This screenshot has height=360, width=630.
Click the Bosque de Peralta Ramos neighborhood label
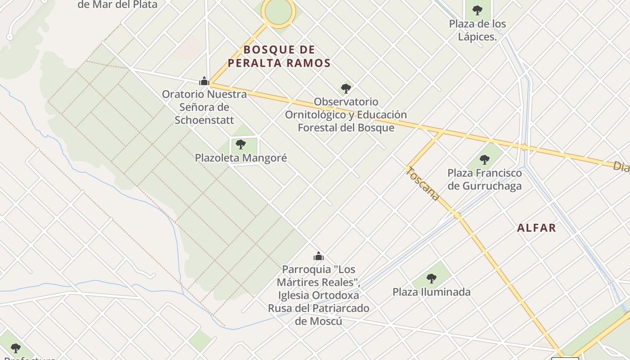(279, 56)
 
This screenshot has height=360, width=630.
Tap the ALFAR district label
(536, 228)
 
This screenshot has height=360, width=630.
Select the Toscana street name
(423, 184)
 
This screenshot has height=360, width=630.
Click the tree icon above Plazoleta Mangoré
(241, 144)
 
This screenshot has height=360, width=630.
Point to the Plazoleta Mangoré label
(241, 158)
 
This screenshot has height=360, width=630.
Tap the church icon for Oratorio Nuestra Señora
(204, 81)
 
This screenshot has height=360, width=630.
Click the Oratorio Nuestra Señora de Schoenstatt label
(204, 107)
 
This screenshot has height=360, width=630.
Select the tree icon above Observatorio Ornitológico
(346, 88)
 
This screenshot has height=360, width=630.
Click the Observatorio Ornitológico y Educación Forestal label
(346, 115)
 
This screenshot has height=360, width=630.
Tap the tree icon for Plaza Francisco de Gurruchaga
(484, 159)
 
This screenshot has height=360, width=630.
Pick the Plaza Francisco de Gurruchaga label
(484, 179)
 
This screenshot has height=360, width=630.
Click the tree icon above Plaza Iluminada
(432, 279)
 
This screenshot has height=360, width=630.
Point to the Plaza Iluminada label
(432, 292)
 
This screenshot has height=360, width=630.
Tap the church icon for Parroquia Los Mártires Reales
(319, 256)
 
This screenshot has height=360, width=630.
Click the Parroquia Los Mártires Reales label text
(319, 295)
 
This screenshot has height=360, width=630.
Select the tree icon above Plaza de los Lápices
(477, 10)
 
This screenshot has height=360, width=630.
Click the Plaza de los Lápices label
(477, 30)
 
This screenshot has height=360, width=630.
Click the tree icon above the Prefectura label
(16, 348)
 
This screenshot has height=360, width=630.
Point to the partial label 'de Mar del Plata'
(117, 5)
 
